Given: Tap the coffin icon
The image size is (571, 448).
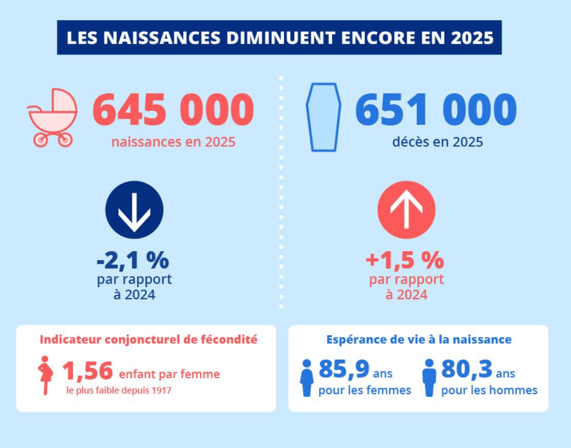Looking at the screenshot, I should (323, 117).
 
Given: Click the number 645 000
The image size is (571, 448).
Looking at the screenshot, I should (173, 110).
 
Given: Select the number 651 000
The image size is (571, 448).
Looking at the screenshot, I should (436, 110).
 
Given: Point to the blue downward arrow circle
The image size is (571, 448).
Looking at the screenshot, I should (134, 210).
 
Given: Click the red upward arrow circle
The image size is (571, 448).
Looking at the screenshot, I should (406, 210).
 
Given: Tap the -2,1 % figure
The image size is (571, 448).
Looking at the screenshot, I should (133, 261).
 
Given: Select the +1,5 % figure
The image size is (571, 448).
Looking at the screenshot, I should (405, 261).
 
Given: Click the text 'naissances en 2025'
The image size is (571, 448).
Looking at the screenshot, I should (173, 142).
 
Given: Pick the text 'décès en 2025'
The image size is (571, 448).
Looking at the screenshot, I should (437, 142).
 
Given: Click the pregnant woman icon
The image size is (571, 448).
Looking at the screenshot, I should (45, 375).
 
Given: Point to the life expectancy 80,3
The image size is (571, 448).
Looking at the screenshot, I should (466, 369).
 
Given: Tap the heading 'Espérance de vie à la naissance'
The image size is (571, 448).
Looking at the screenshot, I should (419, 340).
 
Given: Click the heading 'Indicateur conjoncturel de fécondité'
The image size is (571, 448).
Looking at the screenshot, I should (148, 340).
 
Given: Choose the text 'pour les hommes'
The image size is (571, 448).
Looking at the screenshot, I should (489, 391).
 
